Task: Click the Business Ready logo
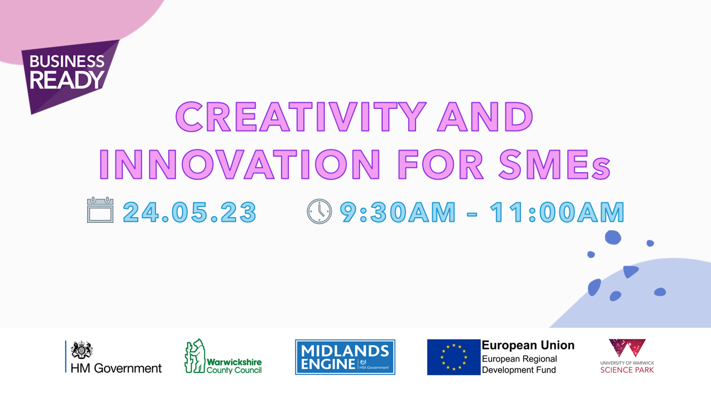click(70, 76)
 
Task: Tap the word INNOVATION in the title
click(240, 164)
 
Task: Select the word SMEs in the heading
click(554, 164)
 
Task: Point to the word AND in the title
click(485, 117)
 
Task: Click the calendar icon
click(101, 209)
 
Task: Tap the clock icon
click(319, 212)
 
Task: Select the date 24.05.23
click(190, 212)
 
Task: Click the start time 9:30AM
click(398, 212)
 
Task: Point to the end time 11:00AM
click(557, 212)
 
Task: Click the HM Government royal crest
click(82, 350)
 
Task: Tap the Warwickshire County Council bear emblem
click(195, 356)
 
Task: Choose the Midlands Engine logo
click(345, 357)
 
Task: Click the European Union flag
click(454, 357)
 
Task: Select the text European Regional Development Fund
click(519, 364)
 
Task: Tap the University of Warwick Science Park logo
click(627, 356)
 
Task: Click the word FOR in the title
click(440, 164)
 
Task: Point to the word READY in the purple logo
click(67, 79)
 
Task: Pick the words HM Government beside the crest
click(116, 368)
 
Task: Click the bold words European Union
click(528, 345)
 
